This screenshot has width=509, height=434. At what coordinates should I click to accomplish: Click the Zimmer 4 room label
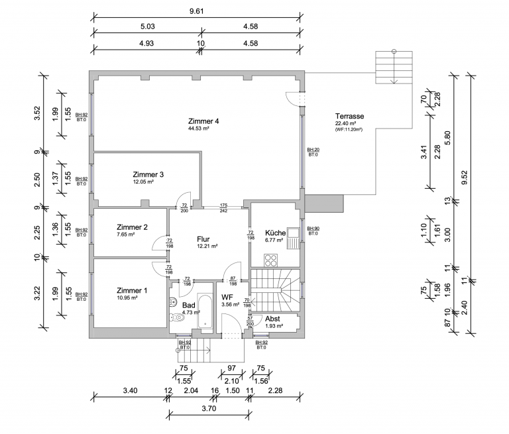pos(203,121)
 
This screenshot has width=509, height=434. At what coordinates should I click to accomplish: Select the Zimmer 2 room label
pos(131,227)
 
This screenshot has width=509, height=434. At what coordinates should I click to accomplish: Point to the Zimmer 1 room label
pos(131,290)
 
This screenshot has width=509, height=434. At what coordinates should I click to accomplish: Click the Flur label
pos(203,239)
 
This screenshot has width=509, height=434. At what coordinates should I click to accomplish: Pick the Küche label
pos(275,233)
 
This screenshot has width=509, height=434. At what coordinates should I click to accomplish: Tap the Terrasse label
pos(349,115)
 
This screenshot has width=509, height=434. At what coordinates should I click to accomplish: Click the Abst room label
pos(272,319)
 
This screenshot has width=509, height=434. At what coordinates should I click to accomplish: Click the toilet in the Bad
pos(176,316)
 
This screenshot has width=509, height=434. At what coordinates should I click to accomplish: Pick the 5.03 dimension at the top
pos(146,27)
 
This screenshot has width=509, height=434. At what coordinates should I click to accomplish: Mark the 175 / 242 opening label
pos(224,208)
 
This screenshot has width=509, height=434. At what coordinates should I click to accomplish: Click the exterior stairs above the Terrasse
pos(394,66)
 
